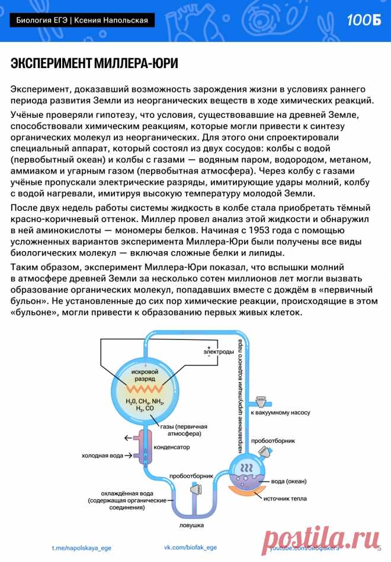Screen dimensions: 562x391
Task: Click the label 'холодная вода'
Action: tap(102, 456)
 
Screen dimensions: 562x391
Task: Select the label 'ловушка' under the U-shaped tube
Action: tap(191, 525)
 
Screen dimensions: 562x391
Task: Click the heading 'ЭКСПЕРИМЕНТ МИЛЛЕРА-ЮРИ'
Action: tap(94, 63)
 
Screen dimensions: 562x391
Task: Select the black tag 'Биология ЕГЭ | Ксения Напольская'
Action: tap(82, 21)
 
